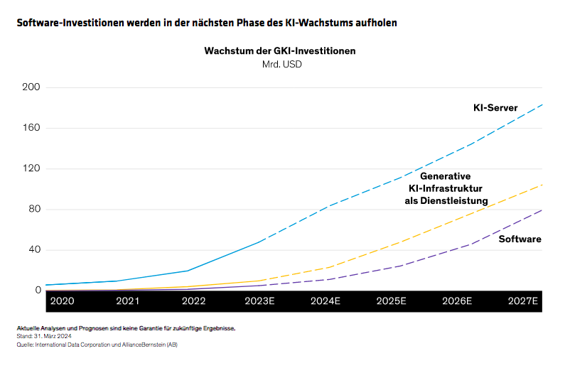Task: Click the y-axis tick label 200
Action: tap(32, 87)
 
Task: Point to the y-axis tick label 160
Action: tap(32, 128)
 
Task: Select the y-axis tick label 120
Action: tap(32, 168)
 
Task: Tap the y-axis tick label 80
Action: tap(34, 209)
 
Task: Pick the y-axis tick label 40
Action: tap(34, 249)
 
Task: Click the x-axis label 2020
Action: tap(62, 301)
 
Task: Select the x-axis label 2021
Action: tap(127, 301)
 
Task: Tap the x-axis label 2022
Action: tap(193, 301)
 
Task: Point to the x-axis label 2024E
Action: tap(326, 301)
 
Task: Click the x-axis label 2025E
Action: tap(391, 301)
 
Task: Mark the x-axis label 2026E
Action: tap(457, 301)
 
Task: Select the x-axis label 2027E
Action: tap(523, 301)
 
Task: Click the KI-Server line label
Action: tap(495, 108)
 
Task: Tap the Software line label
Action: tap(520, 239)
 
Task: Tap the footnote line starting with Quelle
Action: tap(97, 345)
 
